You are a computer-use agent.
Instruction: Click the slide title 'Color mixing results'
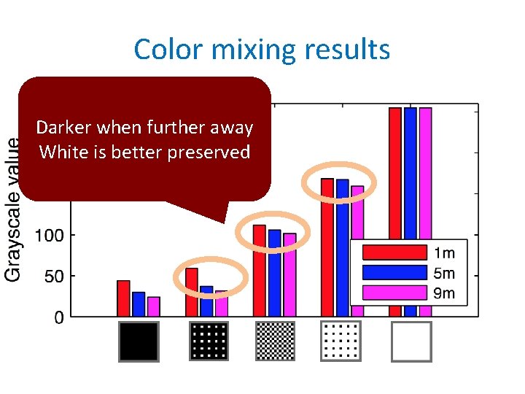262,50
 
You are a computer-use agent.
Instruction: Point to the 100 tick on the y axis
50,236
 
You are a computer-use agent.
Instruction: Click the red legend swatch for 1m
394,252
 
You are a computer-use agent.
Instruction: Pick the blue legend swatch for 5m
394,273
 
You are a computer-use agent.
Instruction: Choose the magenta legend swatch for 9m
394,293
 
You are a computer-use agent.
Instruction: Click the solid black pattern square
139,341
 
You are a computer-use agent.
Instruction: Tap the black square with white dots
209,341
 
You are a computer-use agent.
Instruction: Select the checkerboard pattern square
276,341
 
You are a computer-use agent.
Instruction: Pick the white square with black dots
341,341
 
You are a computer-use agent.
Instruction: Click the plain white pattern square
411,341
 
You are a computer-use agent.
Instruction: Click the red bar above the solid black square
123,299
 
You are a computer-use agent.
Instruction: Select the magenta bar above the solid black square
154,307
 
